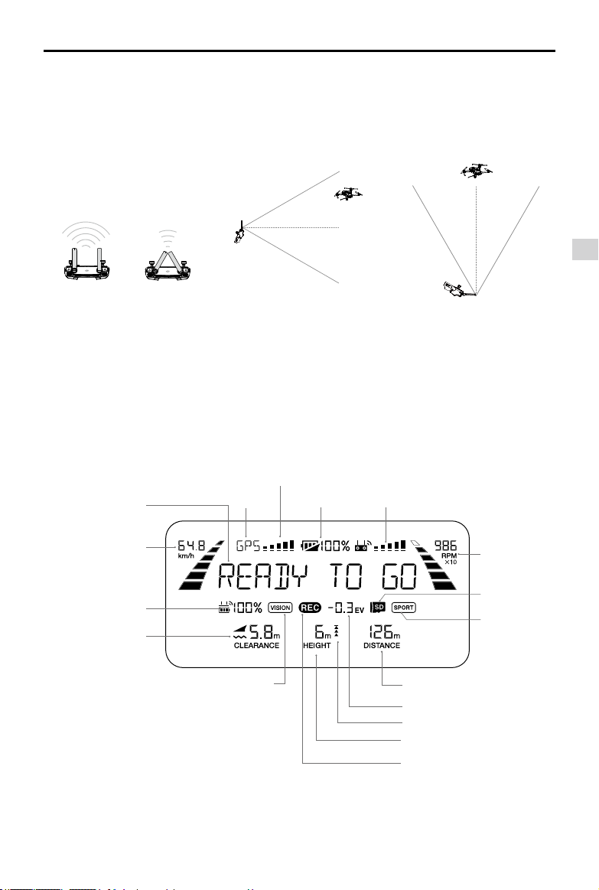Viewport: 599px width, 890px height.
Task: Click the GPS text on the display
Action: pyautogui.click(x=248, y=546)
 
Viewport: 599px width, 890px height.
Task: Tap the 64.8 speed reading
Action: pyautogui.click(x=191, y=546)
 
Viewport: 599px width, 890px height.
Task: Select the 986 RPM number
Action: pyautogui.click(x=444, y=546)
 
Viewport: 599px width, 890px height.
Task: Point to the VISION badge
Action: pyautogui.click(x=281, y=608)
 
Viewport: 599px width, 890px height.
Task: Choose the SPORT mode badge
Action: pyautogui.click(x=402, y=608)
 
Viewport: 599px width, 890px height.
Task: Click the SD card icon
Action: pyautogui.click(x=377, y=608)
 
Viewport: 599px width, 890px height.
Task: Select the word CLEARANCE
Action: pyautogui.click(x=256, y=646)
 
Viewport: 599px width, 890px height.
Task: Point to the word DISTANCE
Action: pyautogui.click(x=382, y=646)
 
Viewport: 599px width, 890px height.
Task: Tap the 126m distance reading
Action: pyautogui.click(x=383, y=632)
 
